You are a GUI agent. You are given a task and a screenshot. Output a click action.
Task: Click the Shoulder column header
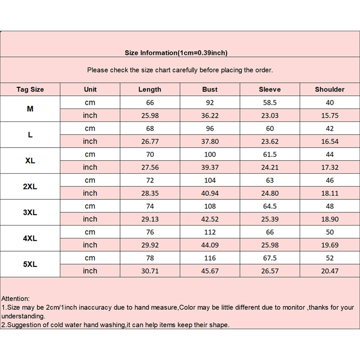tap(329, 90)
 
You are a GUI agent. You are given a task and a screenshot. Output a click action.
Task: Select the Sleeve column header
tap(270, 90)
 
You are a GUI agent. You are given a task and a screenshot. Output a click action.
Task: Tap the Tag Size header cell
tap(30, 90)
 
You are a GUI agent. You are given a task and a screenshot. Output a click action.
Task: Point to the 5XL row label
tap(30, 265)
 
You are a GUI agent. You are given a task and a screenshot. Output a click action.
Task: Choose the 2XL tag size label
tap(30, 187)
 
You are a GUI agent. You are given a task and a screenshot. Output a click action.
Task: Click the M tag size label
tap(30, 109)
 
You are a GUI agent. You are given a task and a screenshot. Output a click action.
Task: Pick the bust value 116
tap(210, 258)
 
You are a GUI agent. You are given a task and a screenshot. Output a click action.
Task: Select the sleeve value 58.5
tap(270, 103)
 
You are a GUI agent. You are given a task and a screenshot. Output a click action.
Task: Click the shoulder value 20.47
tap(329, 271)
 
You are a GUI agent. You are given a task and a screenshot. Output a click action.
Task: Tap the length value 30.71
tap(150, 271)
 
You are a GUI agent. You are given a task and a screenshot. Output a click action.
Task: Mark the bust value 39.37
tap(210, 167)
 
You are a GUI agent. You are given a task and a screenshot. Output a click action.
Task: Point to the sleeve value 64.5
tap(270, 207)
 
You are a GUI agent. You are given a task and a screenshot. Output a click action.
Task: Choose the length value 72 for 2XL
tap(150, 180)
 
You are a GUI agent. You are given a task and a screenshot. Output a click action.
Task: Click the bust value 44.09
tap(210, 245)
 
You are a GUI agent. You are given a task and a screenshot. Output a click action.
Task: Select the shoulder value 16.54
tap(329, 141)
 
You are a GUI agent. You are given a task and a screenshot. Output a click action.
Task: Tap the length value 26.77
tap(150, 141)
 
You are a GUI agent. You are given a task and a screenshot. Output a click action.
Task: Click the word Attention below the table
tap(16, 298)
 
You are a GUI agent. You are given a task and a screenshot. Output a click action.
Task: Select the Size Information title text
tap(176, 53)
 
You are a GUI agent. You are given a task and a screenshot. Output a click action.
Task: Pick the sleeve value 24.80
tap(270, 193)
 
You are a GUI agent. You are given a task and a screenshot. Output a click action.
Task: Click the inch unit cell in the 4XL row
tap(90, 245)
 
